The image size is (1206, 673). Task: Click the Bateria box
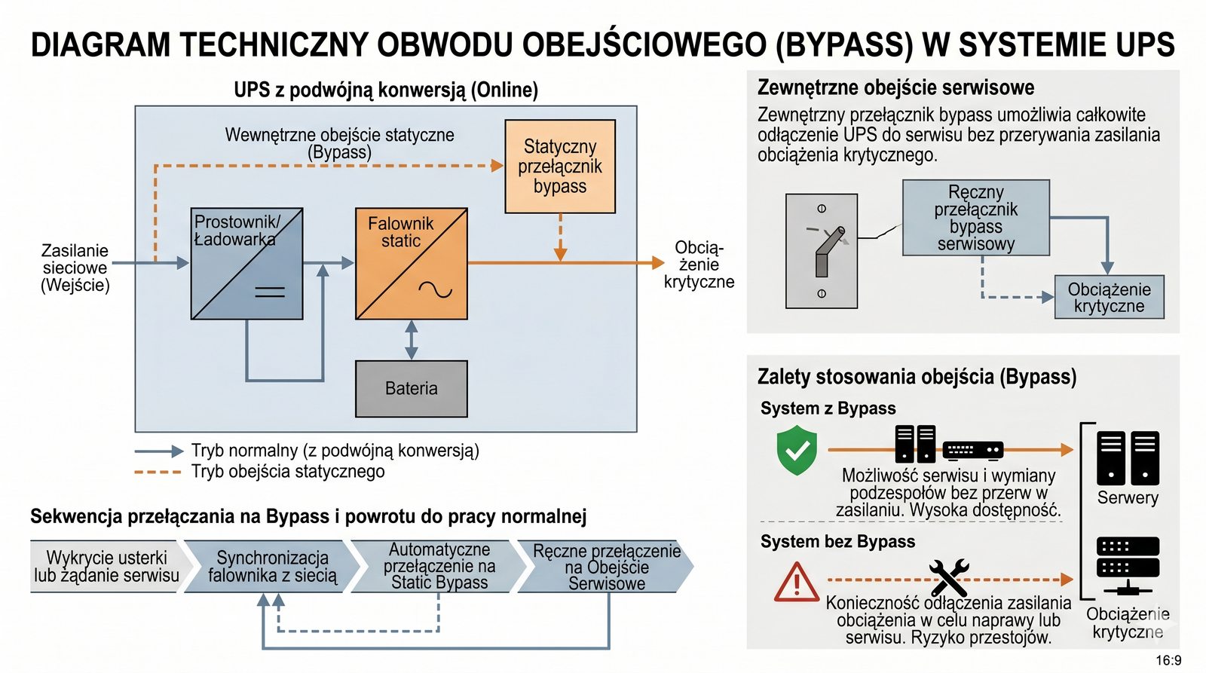(411, 389)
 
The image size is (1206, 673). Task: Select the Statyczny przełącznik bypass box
(560, 167)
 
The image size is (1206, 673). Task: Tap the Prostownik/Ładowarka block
(246, 264)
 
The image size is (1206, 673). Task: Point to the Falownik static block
(411, 264)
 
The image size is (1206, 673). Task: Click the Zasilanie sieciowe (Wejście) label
(75, 268)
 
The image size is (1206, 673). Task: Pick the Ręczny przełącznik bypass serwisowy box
(975, 218)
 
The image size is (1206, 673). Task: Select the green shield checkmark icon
(797, 450)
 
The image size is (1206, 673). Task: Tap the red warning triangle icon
(796, 583)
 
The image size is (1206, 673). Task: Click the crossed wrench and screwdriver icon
(948, 578)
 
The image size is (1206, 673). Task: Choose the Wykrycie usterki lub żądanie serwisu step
(106, 567)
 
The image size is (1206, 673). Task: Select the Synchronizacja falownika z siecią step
(272, 567)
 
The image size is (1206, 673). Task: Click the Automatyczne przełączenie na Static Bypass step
(439, 566)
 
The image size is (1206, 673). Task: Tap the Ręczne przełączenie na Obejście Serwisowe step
(606, 567)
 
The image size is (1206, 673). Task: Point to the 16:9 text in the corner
(1168, 661)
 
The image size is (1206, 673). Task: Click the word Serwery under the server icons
(1128, 497)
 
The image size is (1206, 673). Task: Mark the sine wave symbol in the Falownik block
(436, 289)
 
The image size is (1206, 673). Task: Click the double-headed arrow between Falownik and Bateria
(411, 340)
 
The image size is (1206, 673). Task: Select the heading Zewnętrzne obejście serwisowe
(895, 87)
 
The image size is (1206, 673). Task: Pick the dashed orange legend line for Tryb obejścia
(158, 473)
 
